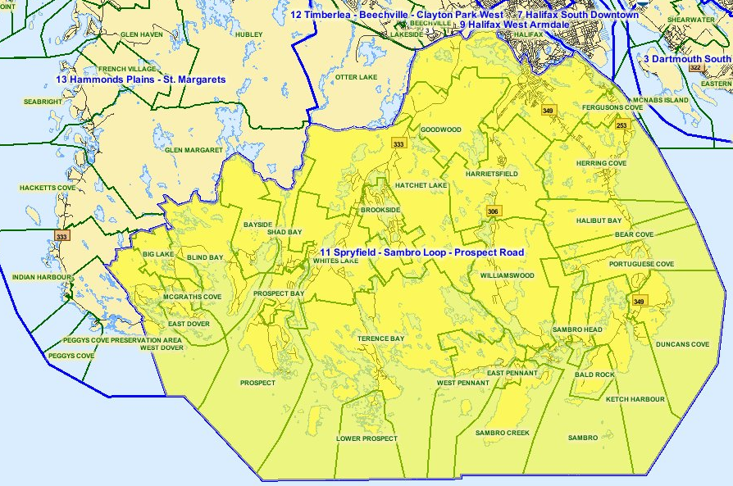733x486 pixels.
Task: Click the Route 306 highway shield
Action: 493,211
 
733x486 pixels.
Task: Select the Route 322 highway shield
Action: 695,67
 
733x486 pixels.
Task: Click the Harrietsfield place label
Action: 492,175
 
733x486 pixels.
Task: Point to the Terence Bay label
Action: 380,338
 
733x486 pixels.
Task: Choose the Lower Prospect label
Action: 366,438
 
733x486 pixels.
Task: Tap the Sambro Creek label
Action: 503,433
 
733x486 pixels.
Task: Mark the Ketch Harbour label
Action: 635,399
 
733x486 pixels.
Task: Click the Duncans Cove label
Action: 682,345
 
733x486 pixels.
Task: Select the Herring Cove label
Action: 603,163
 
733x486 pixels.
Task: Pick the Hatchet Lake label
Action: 421,185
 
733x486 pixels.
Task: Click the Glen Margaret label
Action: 194,150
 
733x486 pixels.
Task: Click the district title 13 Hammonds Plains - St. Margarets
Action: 140,79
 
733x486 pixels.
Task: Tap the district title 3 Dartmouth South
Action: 687,59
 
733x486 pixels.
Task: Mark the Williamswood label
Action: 508,275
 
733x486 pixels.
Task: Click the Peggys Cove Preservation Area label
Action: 122,339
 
